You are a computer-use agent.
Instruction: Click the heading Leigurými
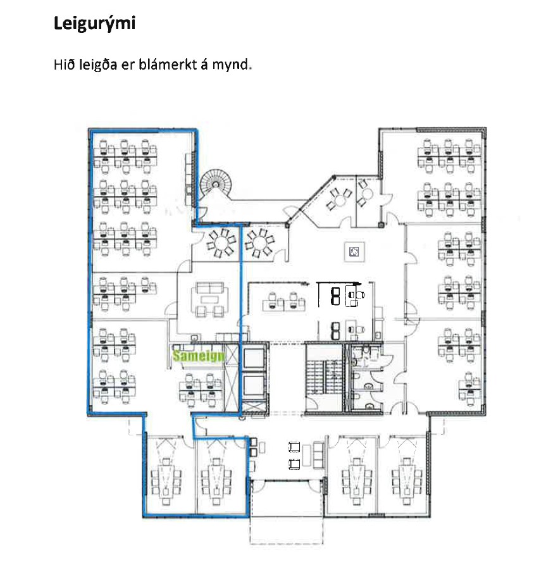pos(94,24)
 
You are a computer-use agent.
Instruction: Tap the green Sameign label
pos(199,356)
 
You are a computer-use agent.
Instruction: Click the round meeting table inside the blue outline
pos(221,242)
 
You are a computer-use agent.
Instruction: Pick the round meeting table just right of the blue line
pos(259,242)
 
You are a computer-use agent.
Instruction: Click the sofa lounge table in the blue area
pos(209,299)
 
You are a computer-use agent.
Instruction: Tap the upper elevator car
pos(254,358)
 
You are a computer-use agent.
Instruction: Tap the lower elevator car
pos(254,385)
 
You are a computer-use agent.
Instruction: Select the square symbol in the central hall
pos(354,251)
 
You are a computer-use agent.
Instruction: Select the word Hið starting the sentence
pos(65,65)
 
